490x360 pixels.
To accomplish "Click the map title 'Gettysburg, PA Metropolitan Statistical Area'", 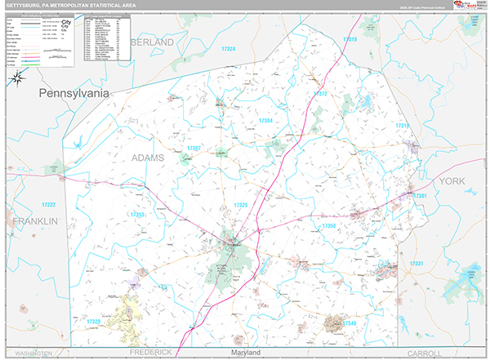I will [x=73, y=6].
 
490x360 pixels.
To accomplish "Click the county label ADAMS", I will [x=147, y=157].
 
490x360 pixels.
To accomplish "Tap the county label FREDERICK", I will [x=153, y=353].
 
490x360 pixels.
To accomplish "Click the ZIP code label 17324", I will [x=228, y=50].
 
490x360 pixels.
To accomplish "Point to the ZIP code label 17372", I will [x=319, y=95].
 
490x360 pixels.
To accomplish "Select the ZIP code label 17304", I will [x=265, y=121].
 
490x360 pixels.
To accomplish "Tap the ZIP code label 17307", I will [x=194, y=148].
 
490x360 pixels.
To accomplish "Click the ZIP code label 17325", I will [x=240, y=205].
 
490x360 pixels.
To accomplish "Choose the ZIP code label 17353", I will [x=137, y=215].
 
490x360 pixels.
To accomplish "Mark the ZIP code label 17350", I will [x=329, y=225].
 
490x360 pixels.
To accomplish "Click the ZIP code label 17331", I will [x=416, y=264].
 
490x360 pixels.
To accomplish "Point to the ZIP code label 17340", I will [x=350, y=324].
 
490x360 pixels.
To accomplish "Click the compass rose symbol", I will [x=17, y=78].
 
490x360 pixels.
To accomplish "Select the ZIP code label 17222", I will [x=48, y=205].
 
